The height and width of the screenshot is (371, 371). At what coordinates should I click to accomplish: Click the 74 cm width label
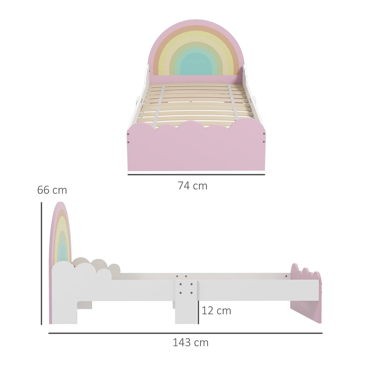(193, 186)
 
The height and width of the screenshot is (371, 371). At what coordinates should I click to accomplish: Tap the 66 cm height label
(52, 190)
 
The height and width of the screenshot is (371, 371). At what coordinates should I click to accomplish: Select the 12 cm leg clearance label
(216, 311)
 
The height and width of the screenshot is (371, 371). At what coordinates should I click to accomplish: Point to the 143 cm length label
(190, 343)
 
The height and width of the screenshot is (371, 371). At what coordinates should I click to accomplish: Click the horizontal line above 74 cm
(196, 175)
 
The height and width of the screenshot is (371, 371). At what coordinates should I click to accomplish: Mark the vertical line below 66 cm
(41, 263)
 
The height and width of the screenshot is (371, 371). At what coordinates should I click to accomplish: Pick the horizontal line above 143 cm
(185, 333)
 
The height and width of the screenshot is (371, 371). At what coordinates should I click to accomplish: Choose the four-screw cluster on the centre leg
(186, 288)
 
